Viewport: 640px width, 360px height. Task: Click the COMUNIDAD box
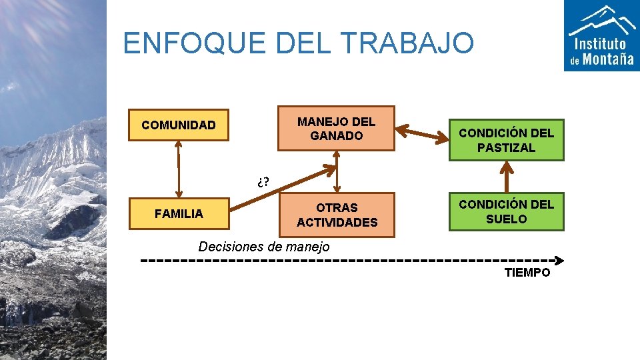click(x=179, y=125)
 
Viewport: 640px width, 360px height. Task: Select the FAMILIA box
click(x=179, y=214)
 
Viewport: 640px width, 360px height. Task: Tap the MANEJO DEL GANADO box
click(x=336, y=129)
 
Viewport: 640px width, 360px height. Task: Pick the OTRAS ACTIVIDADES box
click(x=337, y=215)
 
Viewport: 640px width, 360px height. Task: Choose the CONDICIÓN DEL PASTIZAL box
click(x=506, y=140)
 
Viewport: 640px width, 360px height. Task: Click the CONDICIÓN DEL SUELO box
click(x=506, y=211)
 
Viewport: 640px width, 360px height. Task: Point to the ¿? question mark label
click(x=261, y=181)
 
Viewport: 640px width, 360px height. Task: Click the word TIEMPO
click(x=527, y=273)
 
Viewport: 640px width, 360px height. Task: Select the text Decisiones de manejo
click(x=264, y=247)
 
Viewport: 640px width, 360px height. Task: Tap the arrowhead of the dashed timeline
click(x=559, y=260)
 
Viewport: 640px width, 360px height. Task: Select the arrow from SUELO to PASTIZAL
click(x=507, y=177)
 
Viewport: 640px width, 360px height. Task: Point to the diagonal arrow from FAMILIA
click(x=280, y=189)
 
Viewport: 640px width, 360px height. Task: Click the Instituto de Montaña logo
click(x=601, y=35)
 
